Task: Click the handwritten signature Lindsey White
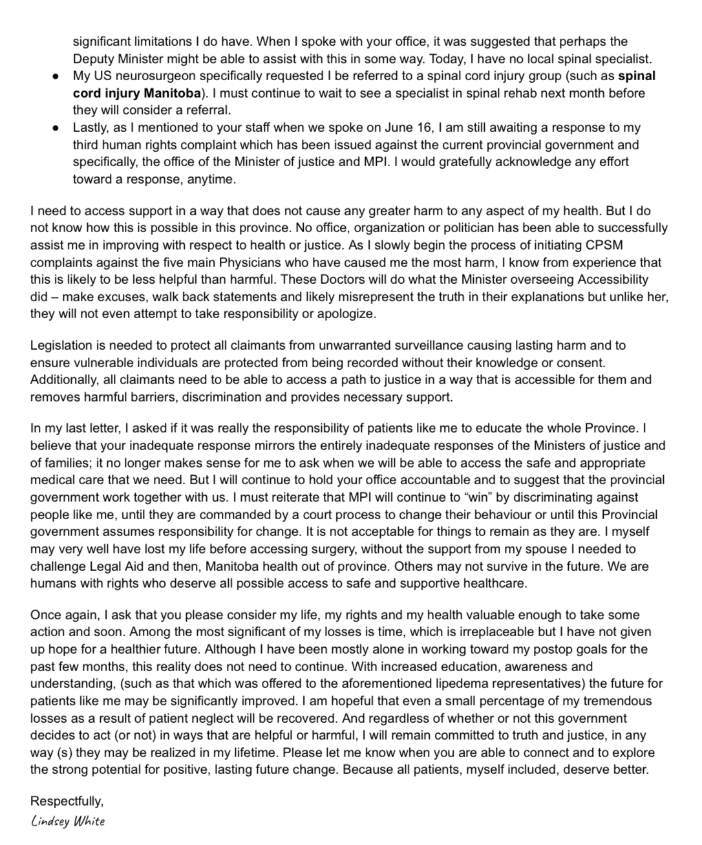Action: (67, 822)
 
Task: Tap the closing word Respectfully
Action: (66, 802)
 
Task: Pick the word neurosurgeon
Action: (151, 76)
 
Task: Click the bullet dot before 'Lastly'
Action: (57, 128)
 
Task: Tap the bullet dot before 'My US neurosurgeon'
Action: (57, 76)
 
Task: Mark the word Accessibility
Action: (608, 280)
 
